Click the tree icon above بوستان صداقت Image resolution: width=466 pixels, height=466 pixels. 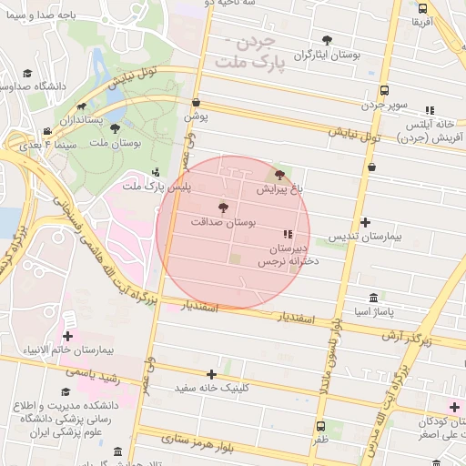point(224,208)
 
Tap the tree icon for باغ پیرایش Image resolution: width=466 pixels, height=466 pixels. point(279,175)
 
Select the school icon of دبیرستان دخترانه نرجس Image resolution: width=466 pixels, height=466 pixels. point(288,234)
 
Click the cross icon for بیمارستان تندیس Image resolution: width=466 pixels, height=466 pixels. point(365,222)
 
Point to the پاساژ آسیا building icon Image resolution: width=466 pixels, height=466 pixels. point(374,299)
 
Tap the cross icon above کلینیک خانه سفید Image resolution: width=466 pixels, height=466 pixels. point(212,374)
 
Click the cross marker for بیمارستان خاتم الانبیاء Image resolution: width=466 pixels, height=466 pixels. point(67,337)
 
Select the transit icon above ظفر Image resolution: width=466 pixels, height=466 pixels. point(319,425)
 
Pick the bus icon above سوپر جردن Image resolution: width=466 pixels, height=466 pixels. point(385,91)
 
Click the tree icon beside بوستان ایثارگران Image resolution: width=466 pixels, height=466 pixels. point(327,40)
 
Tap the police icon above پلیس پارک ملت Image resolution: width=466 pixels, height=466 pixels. point(156,171)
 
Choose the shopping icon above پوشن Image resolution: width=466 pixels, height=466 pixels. point(197,103)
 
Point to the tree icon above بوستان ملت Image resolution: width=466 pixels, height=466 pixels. point(114,128)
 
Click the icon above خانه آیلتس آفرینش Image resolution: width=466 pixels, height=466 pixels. point(429,110)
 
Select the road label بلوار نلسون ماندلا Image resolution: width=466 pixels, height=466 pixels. point(329,355)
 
